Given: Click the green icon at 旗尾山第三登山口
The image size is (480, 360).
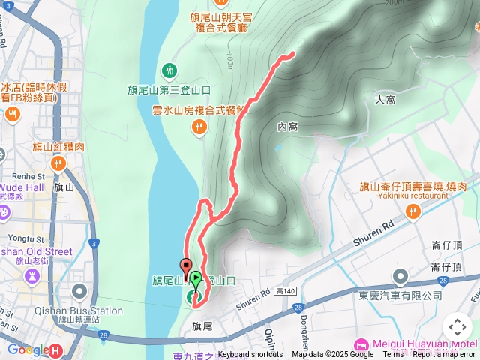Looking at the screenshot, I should (x=169, y=71).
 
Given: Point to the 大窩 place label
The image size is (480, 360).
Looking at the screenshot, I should (x=385, y=99).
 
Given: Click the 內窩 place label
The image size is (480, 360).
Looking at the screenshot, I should (x=287, y=127).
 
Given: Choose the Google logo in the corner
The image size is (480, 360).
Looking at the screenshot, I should (x=28, y=349).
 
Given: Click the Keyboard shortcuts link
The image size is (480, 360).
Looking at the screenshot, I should (x=250, y=355).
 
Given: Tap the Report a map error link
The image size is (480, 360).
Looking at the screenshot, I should (x=444, y=355).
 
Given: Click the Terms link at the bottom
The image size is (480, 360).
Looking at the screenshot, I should (x=393, y=355).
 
